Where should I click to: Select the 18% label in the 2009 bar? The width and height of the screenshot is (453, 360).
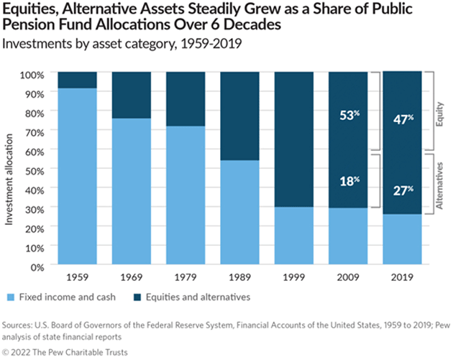pos(349,180)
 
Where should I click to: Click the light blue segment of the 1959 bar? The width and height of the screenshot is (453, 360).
pos(76,176)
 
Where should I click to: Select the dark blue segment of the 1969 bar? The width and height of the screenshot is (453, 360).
pos(131,94)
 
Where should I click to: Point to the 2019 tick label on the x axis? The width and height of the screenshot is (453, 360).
pos(403,276)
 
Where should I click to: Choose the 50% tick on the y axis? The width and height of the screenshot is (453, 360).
pos(37,170)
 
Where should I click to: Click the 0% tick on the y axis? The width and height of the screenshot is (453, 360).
pos(40,267)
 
